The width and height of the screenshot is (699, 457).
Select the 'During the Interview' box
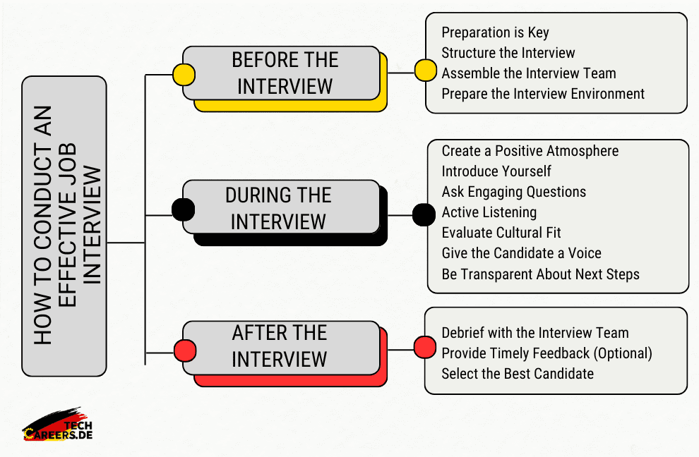pos(278,207)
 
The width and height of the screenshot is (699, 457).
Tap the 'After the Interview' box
pos(280,346)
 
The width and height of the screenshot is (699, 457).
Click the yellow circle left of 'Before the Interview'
pos(184,74)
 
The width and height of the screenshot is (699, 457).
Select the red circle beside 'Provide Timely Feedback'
pos(424,347)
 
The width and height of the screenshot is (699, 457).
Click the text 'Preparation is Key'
pos(495,32)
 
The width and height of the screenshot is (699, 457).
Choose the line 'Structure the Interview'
pos(508,53)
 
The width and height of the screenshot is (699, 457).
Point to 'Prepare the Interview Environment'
pos(543,93)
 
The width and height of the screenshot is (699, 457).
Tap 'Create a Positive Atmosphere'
pos(530,151)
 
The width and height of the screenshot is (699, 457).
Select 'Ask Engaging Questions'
pos(513,192)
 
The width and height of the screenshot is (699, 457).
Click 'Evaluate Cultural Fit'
pos(501,233)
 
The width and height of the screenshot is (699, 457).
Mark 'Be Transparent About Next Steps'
pos(540,274)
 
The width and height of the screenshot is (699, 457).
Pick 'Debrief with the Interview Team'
pos(534,333)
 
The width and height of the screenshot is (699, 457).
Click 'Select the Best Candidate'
pos(518,374)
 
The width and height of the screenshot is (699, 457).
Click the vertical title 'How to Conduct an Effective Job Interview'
pos(64,226)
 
